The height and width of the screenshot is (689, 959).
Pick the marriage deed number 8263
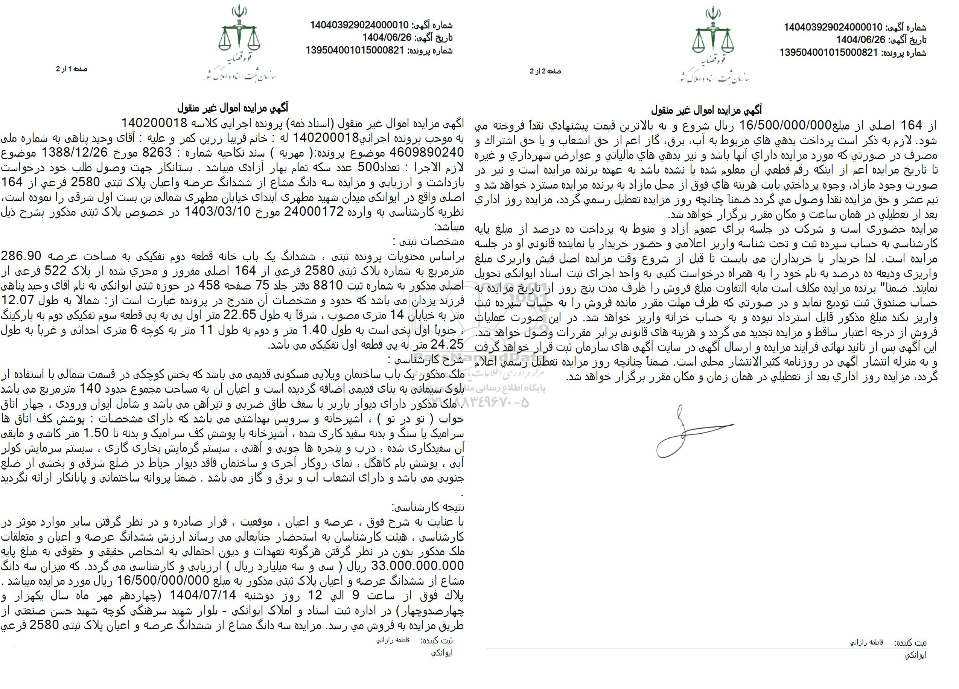[x=164, y=151]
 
